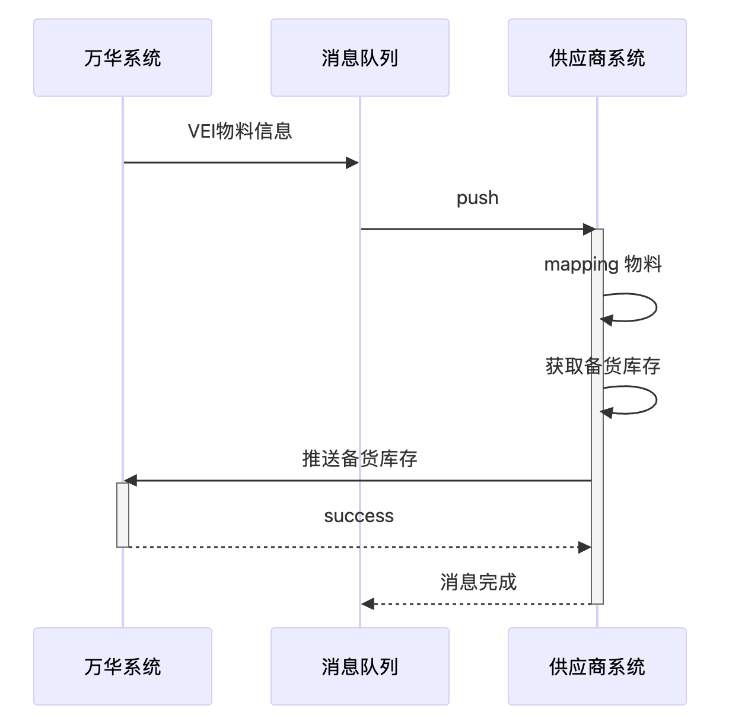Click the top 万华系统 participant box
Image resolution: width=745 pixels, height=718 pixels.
(123, 58)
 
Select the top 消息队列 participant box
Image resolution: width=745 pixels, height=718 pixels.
(359, 58)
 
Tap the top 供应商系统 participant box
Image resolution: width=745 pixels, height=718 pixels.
(597, 58)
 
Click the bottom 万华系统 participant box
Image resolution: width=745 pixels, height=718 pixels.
(123, 666)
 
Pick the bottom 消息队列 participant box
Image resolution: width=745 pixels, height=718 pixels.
(359, 666)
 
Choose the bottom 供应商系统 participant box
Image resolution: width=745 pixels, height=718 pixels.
(597, 666)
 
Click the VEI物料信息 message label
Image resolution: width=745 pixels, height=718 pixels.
(240, 131)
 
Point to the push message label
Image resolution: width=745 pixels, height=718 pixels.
(477, 198)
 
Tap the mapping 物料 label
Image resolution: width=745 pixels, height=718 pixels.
(603, 264)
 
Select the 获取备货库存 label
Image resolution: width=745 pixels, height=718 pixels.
(603, 366)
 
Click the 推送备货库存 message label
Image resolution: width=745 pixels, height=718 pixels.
(359, 459)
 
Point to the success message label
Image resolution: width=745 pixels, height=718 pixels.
(359, 516)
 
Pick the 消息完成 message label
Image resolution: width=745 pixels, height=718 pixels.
(478, 582)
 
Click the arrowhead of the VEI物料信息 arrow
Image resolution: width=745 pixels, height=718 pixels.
(353, 163)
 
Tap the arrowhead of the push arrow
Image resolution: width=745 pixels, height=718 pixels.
(589, 229)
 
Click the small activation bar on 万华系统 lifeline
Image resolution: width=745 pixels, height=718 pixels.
(123, 514)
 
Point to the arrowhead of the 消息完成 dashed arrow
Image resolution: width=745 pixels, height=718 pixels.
(368, 604)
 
